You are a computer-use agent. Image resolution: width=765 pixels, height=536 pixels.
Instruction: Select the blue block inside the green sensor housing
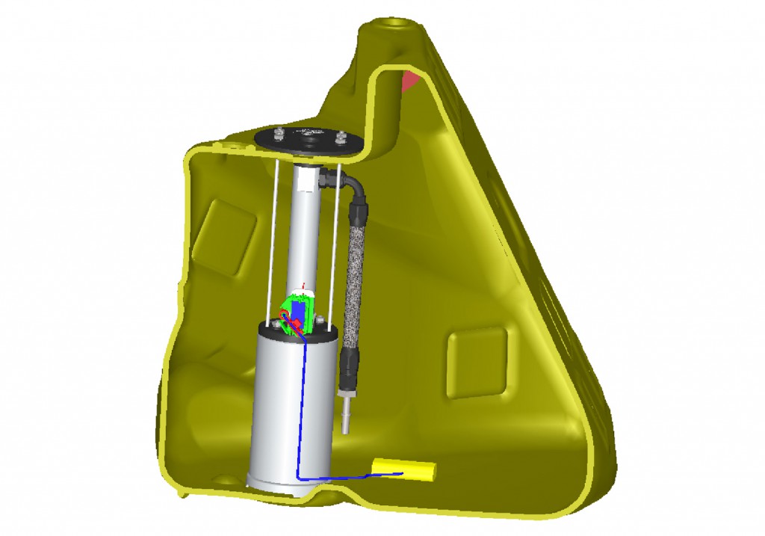299,309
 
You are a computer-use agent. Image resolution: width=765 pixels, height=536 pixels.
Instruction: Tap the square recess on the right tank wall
477,362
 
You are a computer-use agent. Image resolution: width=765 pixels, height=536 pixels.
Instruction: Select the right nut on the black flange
341,137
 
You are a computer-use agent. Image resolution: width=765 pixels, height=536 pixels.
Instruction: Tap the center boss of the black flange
307,139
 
